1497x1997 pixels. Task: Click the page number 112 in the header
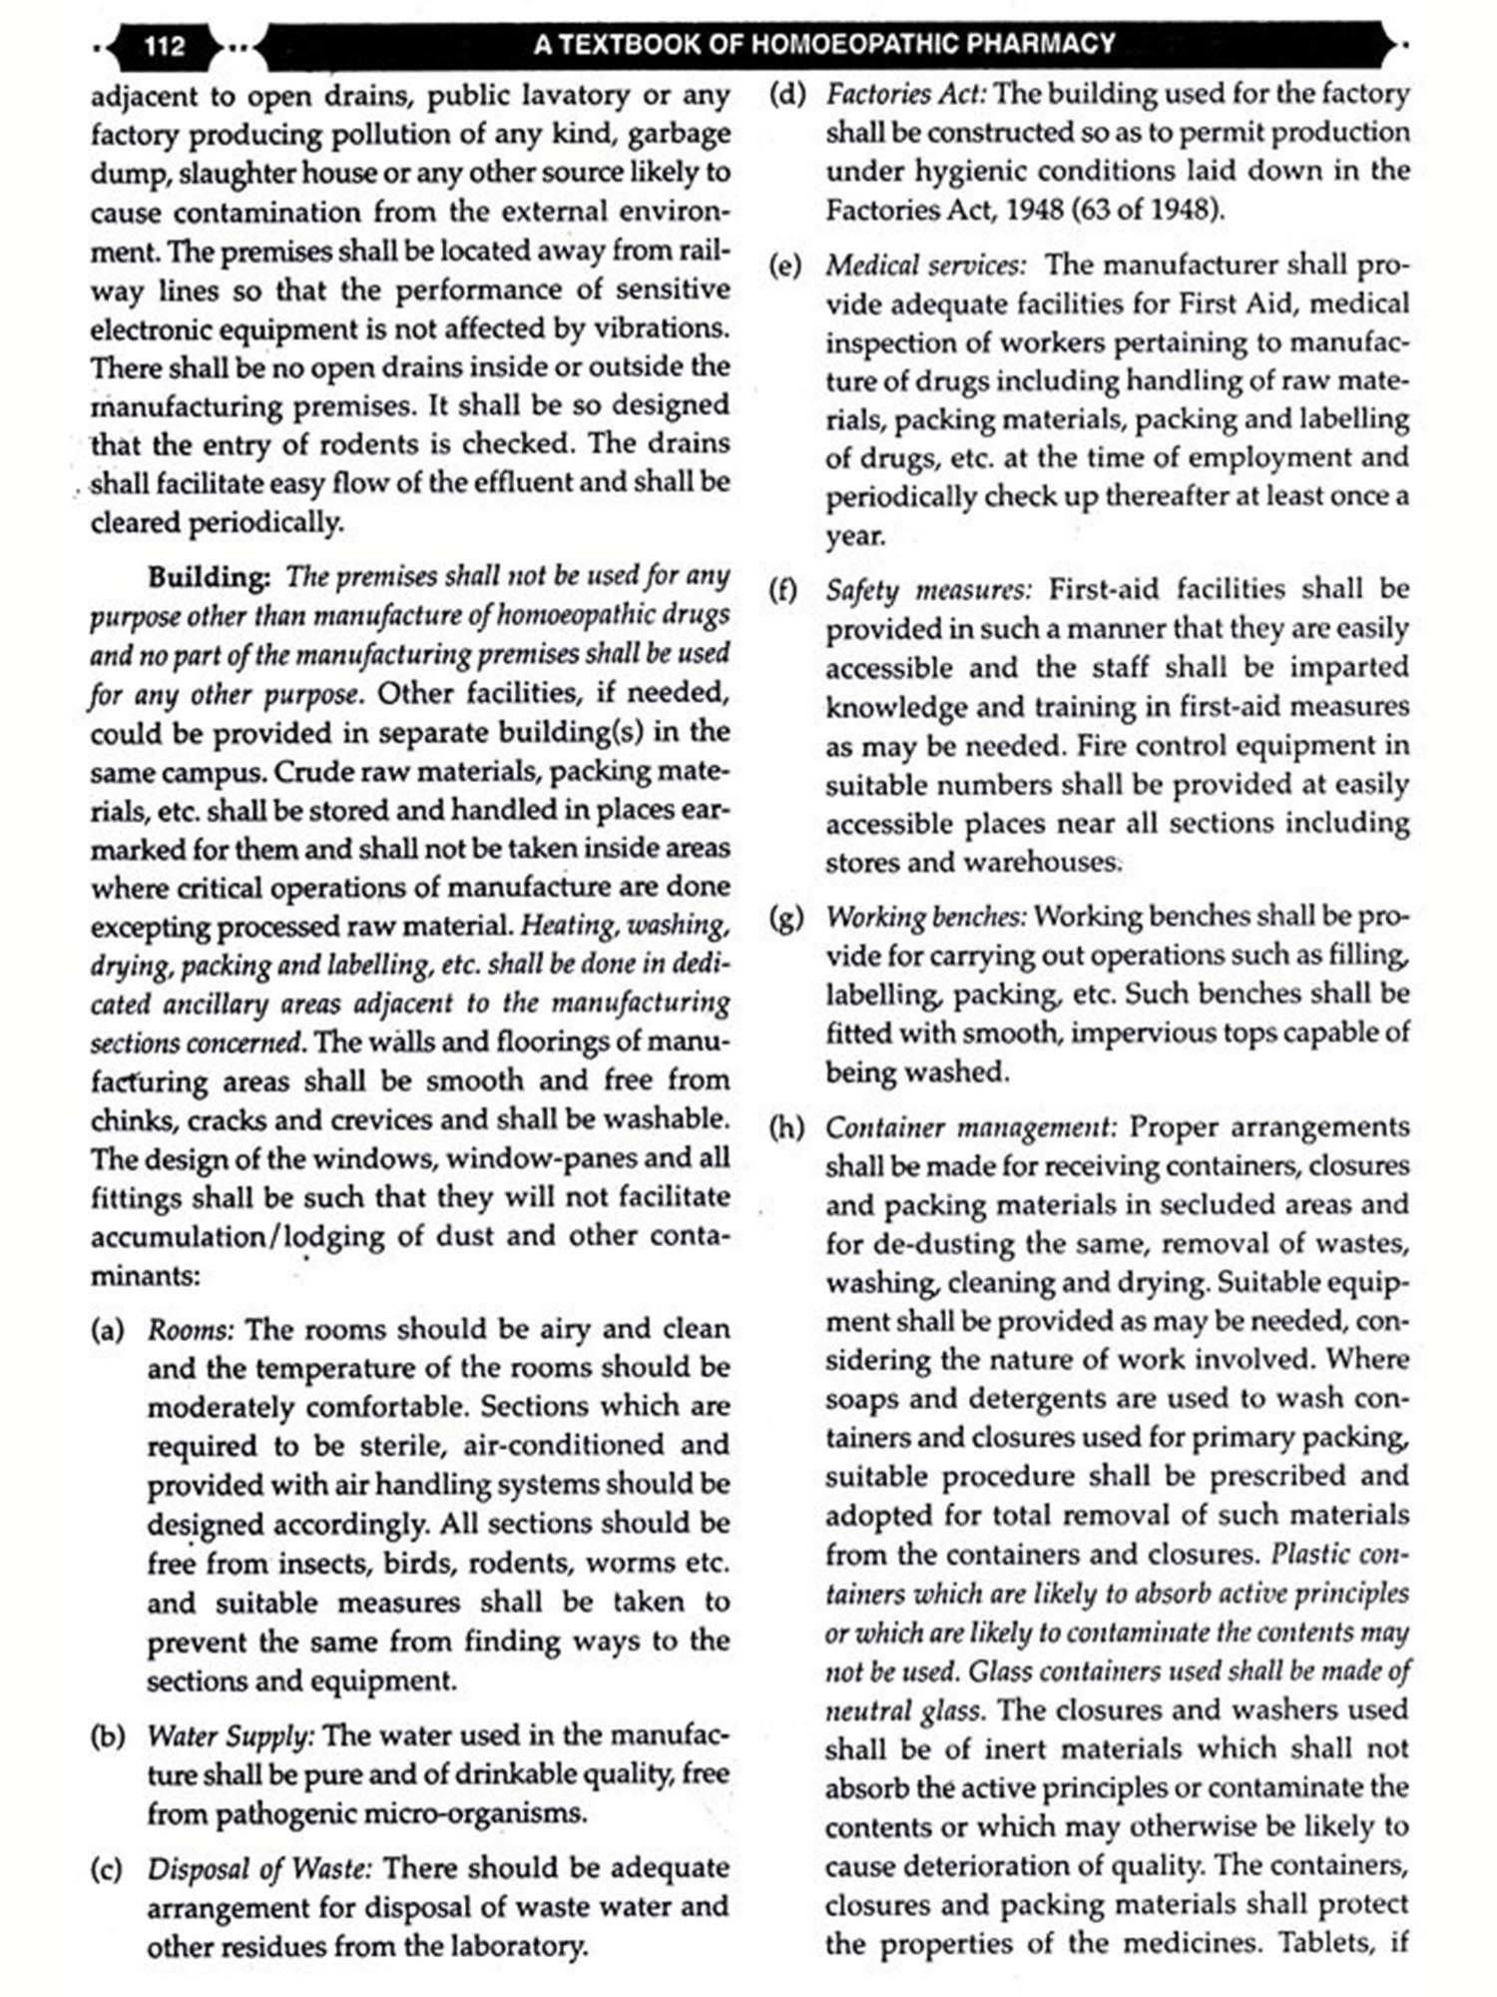click(x=165, y=46)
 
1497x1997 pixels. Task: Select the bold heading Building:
click(x=209, y=577)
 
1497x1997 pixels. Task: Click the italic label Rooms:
click(x=191, y=1330)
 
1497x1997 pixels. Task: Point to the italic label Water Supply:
click(x=231, y=1735)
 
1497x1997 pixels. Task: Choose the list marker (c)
click(x=108, y=1868)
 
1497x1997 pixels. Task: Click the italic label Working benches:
click(x=925, y=917)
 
